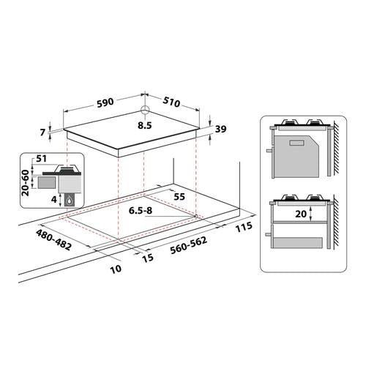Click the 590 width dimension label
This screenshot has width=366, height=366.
[105, 102]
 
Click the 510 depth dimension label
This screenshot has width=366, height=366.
[171, 102]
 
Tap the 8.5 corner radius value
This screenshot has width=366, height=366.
[145, 125]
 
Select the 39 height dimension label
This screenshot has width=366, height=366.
[220, 129]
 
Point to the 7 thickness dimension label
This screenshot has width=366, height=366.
[43, 132]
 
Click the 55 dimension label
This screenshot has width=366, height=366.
[179, 197]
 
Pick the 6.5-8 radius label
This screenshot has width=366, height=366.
[141, 210]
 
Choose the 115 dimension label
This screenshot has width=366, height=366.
[244, 227]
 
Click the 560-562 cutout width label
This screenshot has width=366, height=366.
[189, 245]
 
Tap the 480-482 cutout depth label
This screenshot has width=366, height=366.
[53, 240]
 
